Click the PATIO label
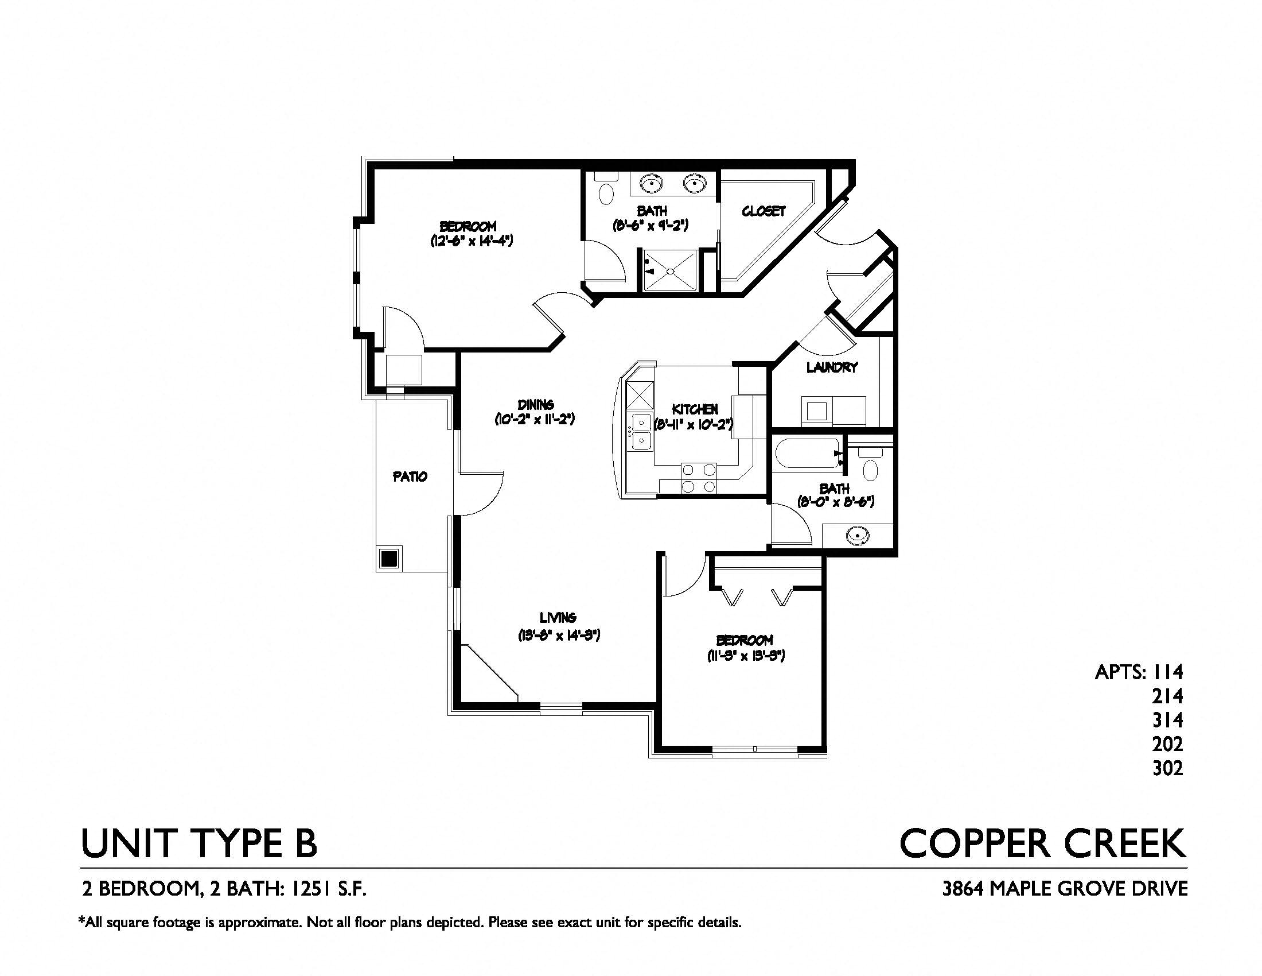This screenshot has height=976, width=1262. pos(410,477)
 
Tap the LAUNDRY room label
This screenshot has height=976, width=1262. pos(832,367)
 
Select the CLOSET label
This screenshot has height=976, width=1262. pos(764,211)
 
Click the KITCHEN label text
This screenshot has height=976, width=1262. pos(695,409)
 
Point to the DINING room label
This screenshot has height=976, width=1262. pos(535,405)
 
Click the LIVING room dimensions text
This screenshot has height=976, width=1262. pos(558,636)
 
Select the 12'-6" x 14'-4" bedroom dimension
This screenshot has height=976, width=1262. pos(472,241)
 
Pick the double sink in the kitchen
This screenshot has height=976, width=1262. pos(640,431)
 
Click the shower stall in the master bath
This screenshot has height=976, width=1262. pos(670,270)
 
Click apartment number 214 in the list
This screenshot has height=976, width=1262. pos(1167,696)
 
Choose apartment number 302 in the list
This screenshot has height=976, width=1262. pos(1167,768)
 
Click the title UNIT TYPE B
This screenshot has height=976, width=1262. pos(199,843)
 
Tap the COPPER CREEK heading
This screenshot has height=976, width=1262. pos(1043,843)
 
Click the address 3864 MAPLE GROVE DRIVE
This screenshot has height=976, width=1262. pos(1064,889)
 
